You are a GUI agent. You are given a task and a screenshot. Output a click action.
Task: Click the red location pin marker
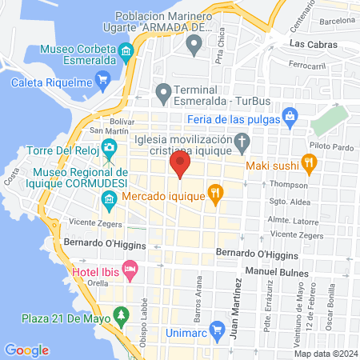pyautogui.click(x=179, y=166)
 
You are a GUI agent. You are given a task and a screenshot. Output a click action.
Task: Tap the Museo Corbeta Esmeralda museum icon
pyautogui.click(x=126, y=54)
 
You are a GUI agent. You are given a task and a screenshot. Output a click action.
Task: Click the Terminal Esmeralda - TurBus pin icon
pyautogui.click(x=163, y=94)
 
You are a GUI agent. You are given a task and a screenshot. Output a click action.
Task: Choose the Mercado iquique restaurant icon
pyautogui.click(x=214, y=192)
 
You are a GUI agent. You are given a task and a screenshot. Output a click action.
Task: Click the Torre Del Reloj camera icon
pyautogui.click(x=108, y=149)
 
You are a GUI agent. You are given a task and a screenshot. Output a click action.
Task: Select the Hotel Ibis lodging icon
pyautogui.click(x=128, y=269)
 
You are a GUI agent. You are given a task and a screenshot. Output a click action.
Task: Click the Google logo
pyautogui.click(x=26, y=350)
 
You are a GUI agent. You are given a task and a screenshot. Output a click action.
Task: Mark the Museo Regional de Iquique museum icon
pyautogui.click(x=108, y=198)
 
